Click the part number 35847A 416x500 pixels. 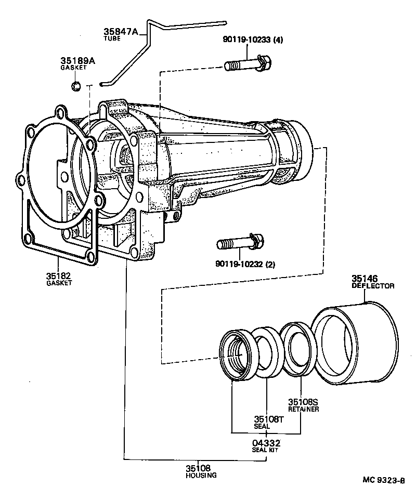click(x=121, y=32)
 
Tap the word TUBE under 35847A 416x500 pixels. click(x=112, y=39)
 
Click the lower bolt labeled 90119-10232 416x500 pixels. click(x=240, y=242)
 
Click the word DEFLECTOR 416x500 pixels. click(x=373, y=286)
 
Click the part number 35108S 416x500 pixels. click(x=303, y=402)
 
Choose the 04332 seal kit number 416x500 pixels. click(x=266, y=443)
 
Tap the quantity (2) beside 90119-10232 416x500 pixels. click(x=270, y=264)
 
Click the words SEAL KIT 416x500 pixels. click(x=266, y=450)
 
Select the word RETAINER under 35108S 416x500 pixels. click(x=303, y=409)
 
